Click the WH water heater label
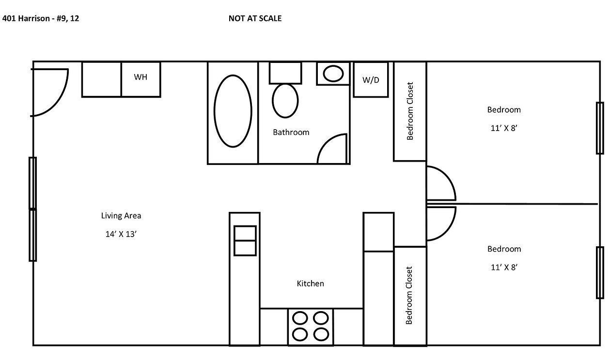pos(141,77)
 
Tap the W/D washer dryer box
pos(371,80)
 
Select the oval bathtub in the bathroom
pos(233,111)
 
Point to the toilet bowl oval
pos(285,100)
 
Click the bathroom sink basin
pos(333,74)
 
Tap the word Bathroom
pos(291,132)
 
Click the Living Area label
pos(121,216)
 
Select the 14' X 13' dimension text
pos(121,234)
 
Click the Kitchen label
pos(310,284)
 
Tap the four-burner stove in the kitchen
pos(311,326)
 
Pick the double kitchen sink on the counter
pos(245,240)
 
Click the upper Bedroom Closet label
pos(410,111)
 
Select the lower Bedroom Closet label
pos(409,295)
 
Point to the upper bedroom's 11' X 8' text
pos(504,128)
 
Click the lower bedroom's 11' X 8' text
pos(504,267)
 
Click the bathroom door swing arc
pos(332,149)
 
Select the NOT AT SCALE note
pos(255,19)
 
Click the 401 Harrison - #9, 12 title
pos(41,19)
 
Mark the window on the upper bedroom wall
pos(600,128)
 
